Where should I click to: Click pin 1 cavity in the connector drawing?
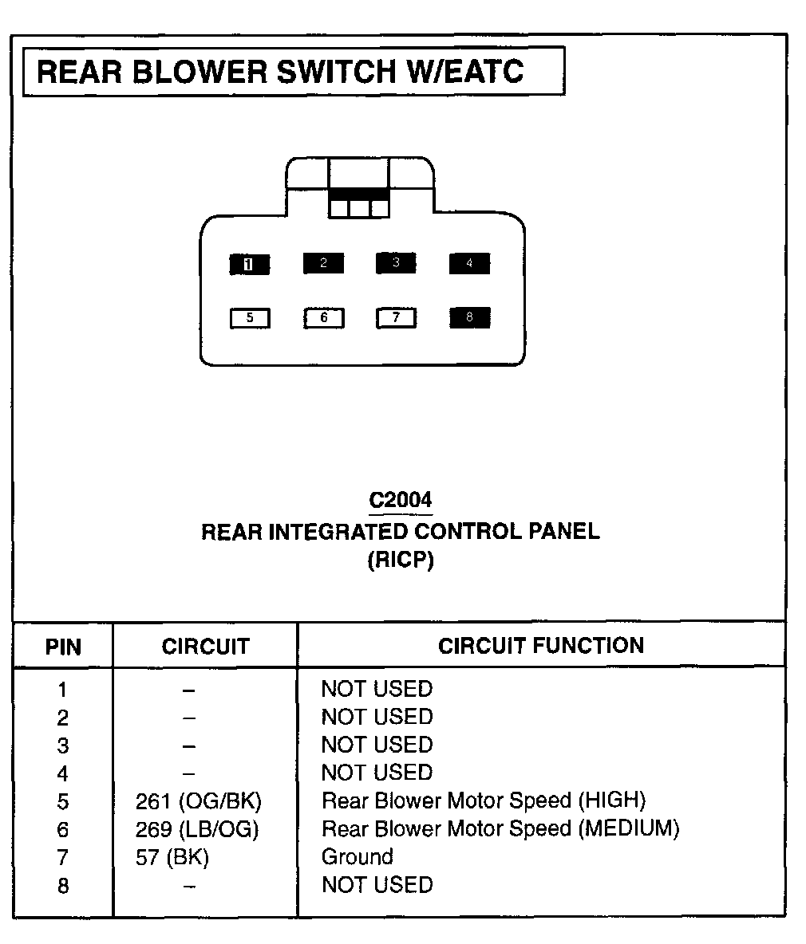[x=249, y=264]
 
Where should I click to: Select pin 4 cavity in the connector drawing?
[x=469, y=263]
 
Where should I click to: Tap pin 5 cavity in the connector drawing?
[x=250, y=318]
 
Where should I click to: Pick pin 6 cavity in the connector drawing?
[x=323, y=318]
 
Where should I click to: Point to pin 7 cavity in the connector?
[x=397, y=318]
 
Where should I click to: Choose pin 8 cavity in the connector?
[x=469, y=317]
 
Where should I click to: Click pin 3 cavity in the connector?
[x=396, y=263]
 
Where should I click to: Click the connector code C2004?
[x=401, y=500]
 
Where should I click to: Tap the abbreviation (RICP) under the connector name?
[x=401, y=560]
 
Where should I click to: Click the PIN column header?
[x=63, y=646]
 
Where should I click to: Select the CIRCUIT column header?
[x=205, y=646]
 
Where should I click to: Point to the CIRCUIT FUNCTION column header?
[x=540, y=645]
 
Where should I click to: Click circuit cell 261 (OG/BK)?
[x=198, y=800]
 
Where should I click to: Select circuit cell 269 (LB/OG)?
[x=197, y=829]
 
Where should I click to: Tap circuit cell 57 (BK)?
[x=172, y=858]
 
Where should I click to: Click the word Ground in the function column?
[x=357, y=857]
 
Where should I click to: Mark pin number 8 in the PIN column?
[x=63, y=886]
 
